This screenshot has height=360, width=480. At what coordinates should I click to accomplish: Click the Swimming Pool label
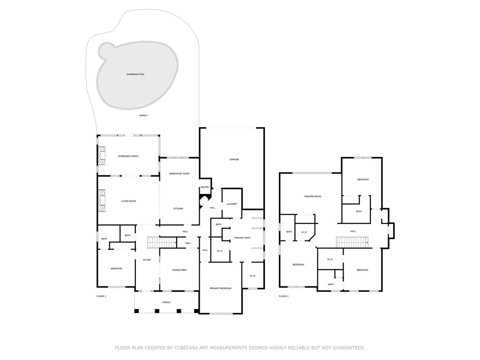(x=135, y=75)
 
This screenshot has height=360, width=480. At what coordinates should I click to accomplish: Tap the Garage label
(x=234, y=159)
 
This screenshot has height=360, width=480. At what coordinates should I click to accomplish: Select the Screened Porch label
(x=128, y=156)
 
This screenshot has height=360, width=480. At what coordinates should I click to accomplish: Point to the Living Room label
(x=128, y=201)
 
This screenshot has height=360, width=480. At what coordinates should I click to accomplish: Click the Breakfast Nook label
(x=179, y=174)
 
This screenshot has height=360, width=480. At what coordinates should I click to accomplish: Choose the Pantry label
(x=205, y=187)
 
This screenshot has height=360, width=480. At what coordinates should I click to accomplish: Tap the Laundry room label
(x=232, y=204)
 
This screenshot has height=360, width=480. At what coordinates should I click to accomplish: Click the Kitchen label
(x=178, y=209)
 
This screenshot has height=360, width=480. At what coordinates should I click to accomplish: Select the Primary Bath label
(x=242, y=238)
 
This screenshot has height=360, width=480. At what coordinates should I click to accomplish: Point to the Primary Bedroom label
(x=220, y=288)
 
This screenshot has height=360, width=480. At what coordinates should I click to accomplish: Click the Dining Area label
(x=180, y=270)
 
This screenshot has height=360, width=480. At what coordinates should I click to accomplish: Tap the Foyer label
(x=147, y=260)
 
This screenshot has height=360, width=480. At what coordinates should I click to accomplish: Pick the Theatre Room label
(x=312, y=196)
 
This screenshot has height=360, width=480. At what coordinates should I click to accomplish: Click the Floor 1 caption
(x=101, y=296)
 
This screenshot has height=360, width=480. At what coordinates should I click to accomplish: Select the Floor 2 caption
(x=284, y=296)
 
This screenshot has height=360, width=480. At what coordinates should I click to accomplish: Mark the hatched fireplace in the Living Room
(x=101, y=199)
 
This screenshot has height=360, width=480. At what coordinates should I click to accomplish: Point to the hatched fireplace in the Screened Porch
(x=101, y=155)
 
